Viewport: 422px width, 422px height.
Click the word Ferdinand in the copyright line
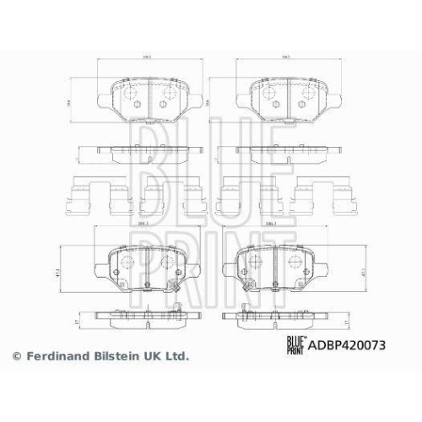pyautogui.click(x=53, y=358)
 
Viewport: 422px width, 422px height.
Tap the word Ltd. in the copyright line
pyautogui.click(x=174, y=358)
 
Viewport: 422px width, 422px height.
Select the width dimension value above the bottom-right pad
pyautogui.click(x=271, y=224)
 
